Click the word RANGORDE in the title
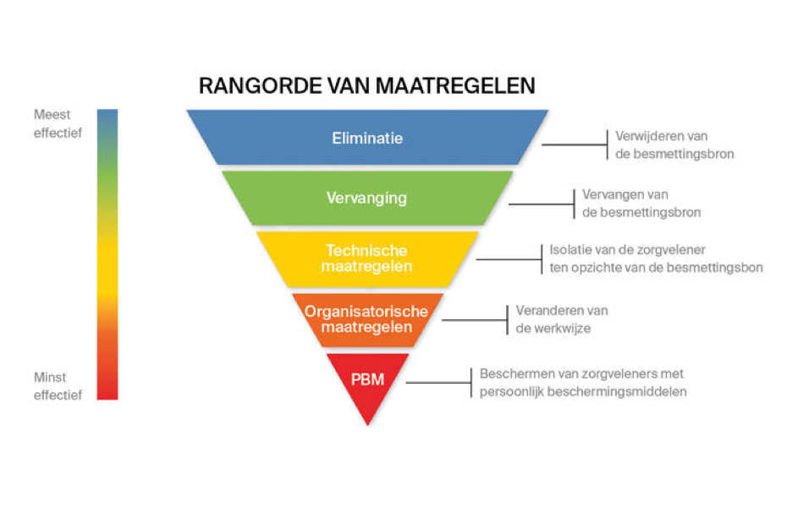click(x=261, y=86)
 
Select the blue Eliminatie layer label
click(x=367, y=139)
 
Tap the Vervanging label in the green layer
click(x=366, y=198)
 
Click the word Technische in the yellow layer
click(x=366, y=250)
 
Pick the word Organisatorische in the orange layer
click(x=366, y=312)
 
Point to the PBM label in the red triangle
click(x=367, y=379)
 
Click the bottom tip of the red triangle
click(x=367, y=425)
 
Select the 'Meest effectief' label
click(x=58, y=123)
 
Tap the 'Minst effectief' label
click(x=58, y=386)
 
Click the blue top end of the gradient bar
click(x=107, y=110)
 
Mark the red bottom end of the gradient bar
click(x=107, y=399)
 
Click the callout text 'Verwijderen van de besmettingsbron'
click(x=674, y=144)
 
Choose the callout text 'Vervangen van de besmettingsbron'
click(x=641, y=203)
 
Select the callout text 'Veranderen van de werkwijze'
click(x=562, y=319)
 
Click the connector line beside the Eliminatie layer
click(x=574, y=144)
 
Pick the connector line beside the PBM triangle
click(x=438, y=383)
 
